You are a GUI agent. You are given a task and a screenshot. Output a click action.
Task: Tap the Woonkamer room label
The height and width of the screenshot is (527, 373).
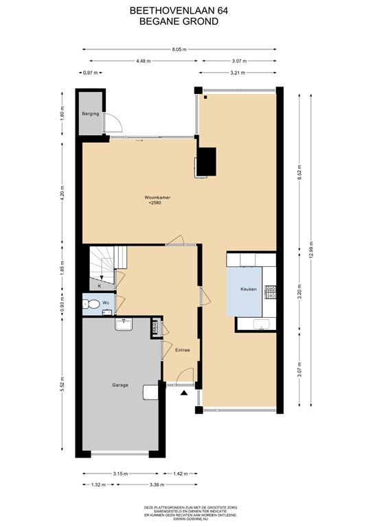(x=157, y=196)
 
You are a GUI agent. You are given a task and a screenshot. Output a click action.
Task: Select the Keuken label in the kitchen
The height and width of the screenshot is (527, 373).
(x=248, y=290)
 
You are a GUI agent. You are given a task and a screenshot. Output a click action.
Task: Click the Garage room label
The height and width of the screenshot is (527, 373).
(x=120, y=385)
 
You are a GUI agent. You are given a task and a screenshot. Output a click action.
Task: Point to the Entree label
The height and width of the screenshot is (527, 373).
(x=182, y=350)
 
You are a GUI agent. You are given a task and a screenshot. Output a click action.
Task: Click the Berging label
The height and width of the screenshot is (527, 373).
(x=91, y=113)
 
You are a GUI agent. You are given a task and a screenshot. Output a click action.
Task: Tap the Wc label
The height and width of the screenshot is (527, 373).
(x=106, y=303)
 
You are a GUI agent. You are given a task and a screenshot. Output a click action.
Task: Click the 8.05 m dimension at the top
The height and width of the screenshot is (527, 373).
(x=180, y=49)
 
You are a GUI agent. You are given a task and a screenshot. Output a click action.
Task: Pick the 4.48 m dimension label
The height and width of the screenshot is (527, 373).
(x=143, y=61)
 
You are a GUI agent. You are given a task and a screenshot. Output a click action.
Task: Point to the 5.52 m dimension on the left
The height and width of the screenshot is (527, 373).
(x=62, y=385)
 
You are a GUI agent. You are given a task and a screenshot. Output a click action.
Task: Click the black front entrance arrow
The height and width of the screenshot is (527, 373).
(x=183, y=393)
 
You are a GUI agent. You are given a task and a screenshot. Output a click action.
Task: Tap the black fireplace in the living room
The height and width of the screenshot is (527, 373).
(x=206, y=163)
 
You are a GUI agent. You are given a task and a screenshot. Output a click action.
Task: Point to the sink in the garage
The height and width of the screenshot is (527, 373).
(x=124, y=324)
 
